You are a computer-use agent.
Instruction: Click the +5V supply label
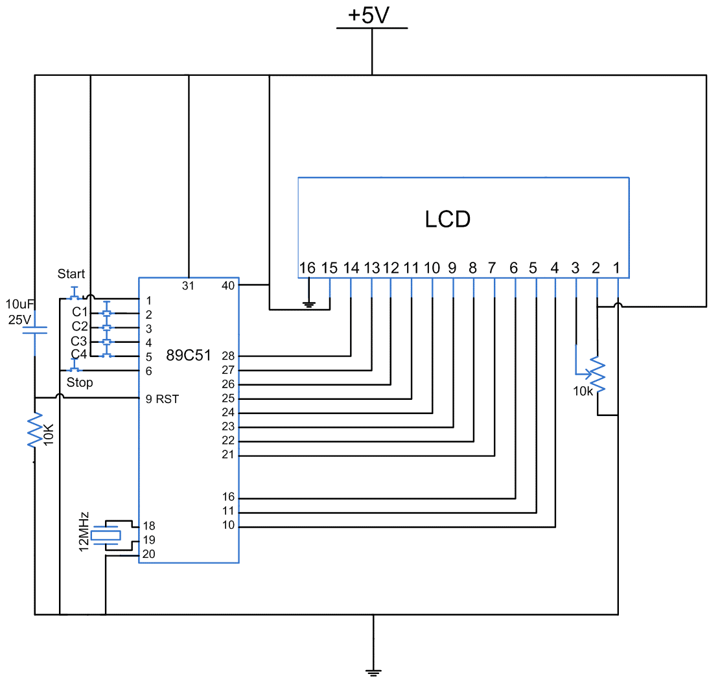371,15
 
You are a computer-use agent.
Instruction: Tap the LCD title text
448,220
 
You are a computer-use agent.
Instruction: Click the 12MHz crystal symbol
105,536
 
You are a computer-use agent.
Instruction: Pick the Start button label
71,274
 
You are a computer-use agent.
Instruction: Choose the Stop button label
80,382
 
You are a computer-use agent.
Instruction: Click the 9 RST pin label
162,399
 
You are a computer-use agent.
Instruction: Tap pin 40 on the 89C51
228,285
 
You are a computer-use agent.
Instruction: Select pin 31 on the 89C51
188,285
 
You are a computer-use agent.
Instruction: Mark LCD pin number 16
307,268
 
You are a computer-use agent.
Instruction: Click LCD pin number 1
617,268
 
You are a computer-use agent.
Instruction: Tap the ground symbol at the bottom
373,672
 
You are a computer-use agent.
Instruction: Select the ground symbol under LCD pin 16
310,303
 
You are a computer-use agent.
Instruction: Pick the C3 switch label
80,341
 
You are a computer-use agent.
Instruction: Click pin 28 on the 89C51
227,356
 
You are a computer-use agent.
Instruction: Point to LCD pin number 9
452,268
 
